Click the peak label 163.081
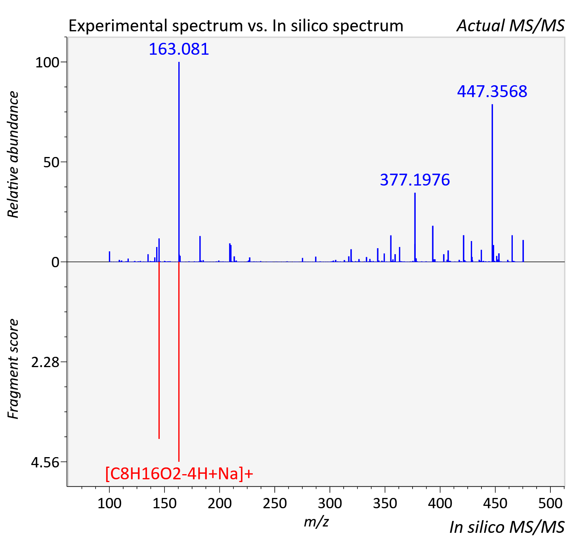tap(179, 49)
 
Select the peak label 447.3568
tap(492, 91)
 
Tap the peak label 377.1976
tap(415, 180)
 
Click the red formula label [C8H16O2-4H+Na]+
tap(179, 474)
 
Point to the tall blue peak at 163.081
tap(179, 162)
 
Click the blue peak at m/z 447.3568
tap(492, 183)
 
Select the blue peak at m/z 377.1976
tap(415, 227)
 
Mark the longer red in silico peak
tap(179, 362)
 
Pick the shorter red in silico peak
tap(159, 350)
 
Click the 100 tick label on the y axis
tap(47, 63)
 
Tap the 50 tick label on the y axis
tap(51, 163)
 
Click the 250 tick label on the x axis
tap(275, 503)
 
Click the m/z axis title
tap(316, 521)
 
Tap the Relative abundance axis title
tap(13, 154)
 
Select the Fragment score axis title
tap(13, 369)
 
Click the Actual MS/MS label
tap(510, 26)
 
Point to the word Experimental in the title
tap(118, 26)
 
